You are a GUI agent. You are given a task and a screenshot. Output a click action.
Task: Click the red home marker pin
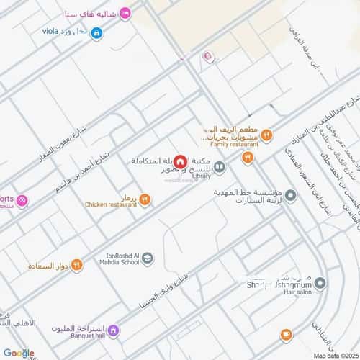[180, 162]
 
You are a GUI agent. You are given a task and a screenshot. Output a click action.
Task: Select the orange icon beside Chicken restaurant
[145, 199]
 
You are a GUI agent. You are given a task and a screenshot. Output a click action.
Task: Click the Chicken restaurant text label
[112, 204]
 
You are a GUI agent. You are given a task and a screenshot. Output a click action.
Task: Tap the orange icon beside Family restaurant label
[266, 134]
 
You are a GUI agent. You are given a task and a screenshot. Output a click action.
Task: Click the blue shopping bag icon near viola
[96, 32]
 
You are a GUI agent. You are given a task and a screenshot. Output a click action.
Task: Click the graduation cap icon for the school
[146, 258]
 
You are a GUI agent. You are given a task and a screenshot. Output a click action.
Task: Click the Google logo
[18, 353]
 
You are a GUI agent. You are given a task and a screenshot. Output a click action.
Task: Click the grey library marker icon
[219, 168]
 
